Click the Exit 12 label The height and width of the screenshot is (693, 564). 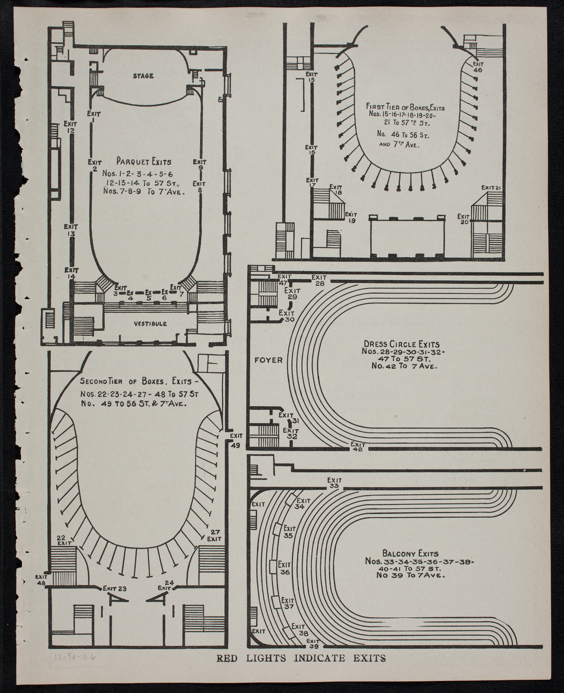[70, 127]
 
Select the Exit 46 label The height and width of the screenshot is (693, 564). [478, 67]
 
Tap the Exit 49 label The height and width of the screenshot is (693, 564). [236, 441]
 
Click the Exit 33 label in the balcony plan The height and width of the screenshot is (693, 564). [334, 483]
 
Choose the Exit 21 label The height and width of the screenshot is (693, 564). [491, 187]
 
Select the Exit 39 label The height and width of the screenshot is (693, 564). [313, 644]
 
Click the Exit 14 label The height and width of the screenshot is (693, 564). [71, 273]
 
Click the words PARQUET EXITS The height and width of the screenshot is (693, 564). [144, 162]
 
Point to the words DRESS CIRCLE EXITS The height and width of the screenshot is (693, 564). [401, 344]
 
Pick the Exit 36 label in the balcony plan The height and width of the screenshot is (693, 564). [284, 568]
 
